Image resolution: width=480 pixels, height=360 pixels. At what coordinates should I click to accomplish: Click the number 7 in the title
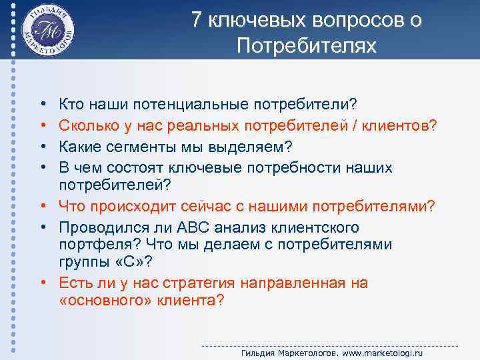coord(197,21)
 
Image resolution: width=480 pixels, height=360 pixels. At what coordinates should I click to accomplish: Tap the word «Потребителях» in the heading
coord(306,47)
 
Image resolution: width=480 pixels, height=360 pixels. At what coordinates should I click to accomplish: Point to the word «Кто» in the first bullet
coord(71,104)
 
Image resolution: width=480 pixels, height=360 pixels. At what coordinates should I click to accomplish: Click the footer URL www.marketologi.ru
coord(388,353)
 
